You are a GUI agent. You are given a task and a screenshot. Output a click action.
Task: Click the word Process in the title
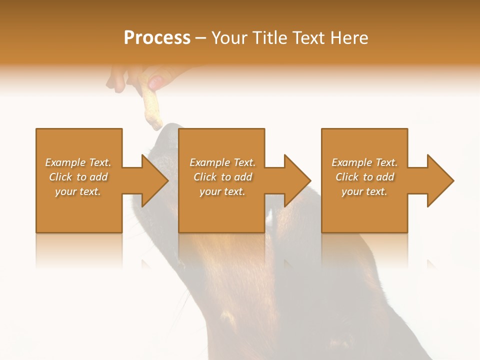click(x=157, y=38)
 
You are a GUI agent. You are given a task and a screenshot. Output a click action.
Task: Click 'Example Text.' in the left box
click(x=78, y=162)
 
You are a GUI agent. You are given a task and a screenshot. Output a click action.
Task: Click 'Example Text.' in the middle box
click(x=222, y=162)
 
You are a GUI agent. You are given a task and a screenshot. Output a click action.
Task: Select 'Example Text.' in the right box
click(x=364, y=162)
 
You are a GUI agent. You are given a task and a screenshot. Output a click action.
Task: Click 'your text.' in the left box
click(x=78, y=191)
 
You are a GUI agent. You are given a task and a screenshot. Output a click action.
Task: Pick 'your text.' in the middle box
click(x=222, y=191)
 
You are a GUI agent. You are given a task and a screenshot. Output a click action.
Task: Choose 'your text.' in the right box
click(x=364, y=191)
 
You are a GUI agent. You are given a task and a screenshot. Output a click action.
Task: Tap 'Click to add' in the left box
click(x=78, y=177)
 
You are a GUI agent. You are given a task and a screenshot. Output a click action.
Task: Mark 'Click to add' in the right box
click(x=364, y=177)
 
